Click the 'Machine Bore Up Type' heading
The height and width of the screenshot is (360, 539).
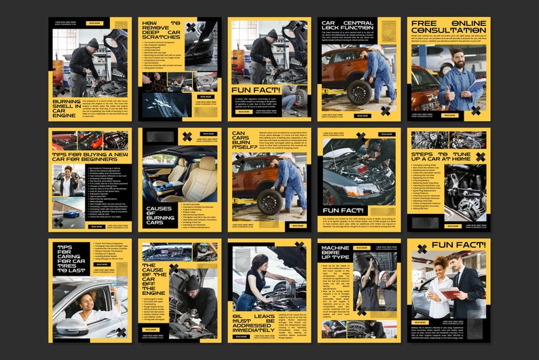[336, 253]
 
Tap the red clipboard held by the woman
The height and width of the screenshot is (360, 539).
[449, 293]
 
